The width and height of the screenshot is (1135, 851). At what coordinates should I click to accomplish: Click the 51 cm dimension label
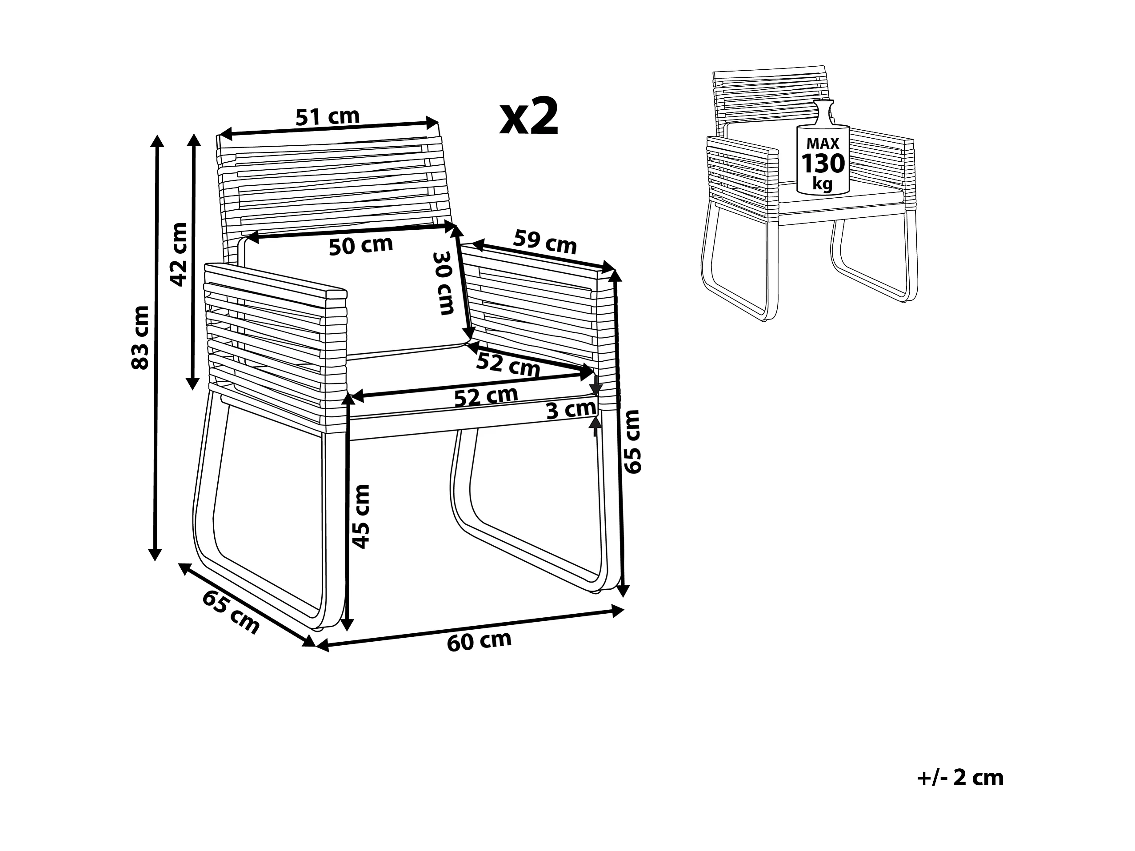(x=328, y=117)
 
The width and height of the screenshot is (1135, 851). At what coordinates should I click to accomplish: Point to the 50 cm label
(x=361, y=246)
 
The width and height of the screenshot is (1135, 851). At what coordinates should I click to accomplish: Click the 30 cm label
(x=444, y=283)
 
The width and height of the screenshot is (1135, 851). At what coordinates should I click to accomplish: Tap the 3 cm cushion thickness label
(x=571, y=410)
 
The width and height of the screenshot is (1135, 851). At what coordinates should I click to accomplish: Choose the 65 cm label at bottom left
(x=232, y=612)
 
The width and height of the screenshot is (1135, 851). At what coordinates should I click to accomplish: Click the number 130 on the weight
(x=823, y=164)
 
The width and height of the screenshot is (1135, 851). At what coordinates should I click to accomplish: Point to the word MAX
(x=823, y=143)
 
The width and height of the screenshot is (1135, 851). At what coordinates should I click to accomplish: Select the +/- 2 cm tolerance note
(x=959, y=778)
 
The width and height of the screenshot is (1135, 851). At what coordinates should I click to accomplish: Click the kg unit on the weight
(x=823, y=183)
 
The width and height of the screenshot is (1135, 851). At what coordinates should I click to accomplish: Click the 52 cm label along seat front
(x=486, y=396)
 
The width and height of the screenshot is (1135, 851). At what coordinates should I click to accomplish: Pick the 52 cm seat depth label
(x=508, y=365)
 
